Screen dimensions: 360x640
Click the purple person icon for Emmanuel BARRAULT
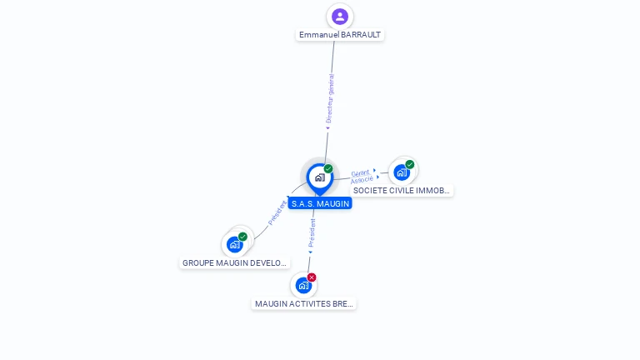coord(339,16)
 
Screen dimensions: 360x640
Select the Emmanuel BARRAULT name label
coord(340,35)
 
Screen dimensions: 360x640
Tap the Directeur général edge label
coord(329,99)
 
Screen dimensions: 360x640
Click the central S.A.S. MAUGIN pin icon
coord(319,177)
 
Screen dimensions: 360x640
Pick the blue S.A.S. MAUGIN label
coord(320,203)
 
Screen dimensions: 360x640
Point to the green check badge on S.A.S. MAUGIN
coord(328,168)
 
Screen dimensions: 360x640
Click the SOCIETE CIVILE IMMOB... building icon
coord(402,172)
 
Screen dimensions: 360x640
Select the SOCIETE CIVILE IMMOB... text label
coord(402,191)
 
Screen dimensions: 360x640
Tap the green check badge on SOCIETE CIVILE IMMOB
coord(410,164)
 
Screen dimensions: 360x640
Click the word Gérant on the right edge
coord(360,172)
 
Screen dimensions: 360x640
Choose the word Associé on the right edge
coord(362,180)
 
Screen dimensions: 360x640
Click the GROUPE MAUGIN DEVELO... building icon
coord(235,244)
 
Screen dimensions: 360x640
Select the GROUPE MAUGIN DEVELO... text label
coord(234,263)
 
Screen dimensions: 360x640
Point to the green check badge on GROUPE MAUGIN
coord(243,237)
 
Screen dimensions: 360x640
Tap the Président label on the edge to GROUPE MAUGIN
coord(277,212)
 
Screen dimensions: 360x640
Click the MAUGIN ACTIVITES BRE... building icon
coord(303,285)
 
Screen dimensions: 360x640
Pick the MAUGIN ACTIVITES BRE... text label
coord(304,304)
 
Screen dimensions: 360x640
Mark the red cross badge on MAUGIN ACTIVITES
coord(312,277)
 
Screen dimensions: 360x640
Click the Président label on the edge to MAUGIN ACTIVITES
coord(312,235)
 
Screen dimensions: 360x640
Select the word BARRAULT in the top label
coord(361,35)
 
